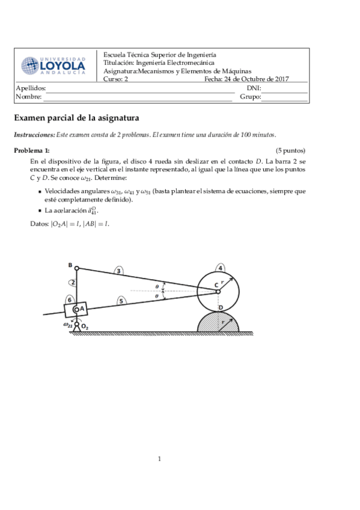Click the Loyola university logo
pyautogui.click(x=53, y=65)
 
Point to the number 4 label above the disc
pyautogui.click(x=221, y=268)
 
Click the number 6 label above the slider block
pyautogui.click(x=70, y=299)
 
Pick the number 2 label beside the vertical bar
pyautogui.click(x=72, y=282)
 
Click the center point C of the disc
pyautogui.click(x=219, y=292)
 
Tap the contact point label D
pyautogui.click(x=221, y=307)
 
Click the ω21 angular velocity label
pyautogui.click(x=67, y=325)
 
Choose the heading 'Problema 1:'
pyautogui.click(x=32, y=150)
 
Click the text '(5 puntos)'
pyautogui.click(x=290, y=150)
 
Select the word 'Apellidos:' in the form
pyautogui.click(x=30, y=88)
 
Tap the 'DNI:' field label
pyautogui.click(x=254, y=88)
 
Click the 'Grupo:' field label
pyautogui.click(x=250, y=97)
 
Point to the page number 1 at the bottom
pyautogui.click(x=159, y=459)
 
